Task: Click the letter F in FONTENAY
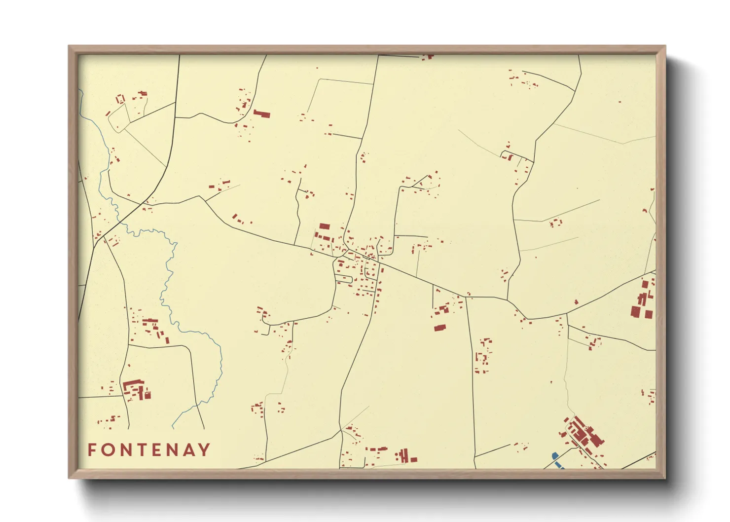click(x=92, y=450)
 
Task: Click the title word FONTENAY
click(x=148, y=450)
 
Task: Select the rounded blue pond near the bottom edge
click(x=554, y=456)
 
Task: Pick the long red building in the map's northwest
click(x=262, y=114)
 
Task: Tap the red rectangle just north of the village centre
click(x=324, y=226)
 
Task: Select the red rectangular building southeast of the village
click(x=439, y=328)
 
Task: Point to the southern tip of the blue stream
click(x=173, y=428)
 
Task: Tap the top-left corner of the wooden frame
click(x=69, y=46)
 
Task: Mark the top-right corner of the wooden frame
click(x=665, y=46)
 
